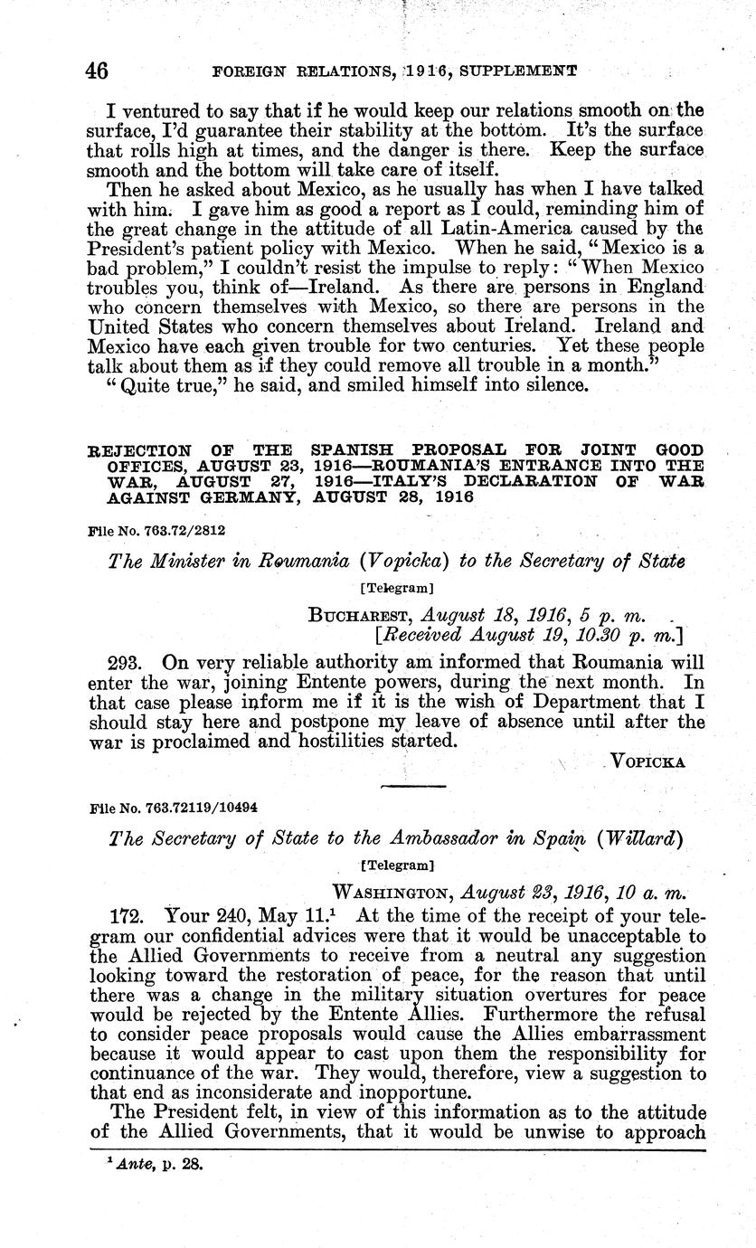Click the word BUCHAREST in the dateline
click(x=360, y=617)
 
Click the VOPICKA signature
click(x=648, y=761)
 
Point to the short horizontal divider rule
click(x=413, y=787)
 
